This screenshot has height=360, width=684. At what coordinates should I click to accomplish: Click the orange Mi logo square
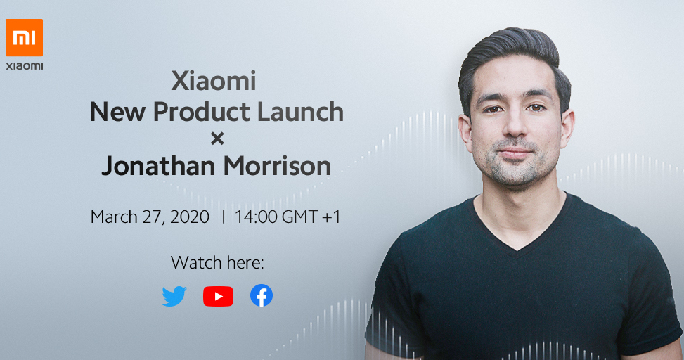pyautogui.click(x=24, y=37)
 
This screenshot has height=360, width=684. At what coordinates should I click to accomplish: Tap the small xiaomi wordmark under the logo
pyautogui.click(x=25, y=66)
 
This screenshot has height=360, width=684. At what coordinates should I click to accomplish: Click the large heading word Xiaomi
pyautogui.click(x=214, y=81)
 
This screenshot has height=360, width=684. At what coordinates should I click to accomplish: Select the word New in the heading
pyautogui.click(x=117, y=112)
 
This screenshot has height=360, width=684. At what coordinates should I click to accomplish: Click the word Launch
pyautogui.click(x=301, y=112)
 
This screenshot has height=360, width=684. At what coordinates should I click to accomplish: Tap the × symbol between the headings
pyautogui.click(x=217, y=139)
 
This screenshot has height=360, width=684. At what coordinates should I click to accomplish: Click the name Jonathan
pyautogui.click(x=159, y=166)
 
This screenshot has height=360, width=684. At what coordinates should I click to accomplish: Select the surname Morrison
pyautogui.click(x=278, y=166)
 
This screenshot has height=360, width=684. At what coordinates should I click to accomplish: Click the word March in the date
pyautogui.click(x=114, y=217)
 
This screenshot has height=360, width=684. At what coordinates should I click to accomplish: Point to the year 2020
pyautogui.click(x=189, y=217)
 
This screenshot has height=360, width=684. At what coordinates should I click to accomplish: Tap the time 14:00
pyautogui.click(x=256, y=217)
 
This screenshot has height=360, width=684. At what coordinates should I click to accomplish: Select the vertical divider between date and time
pyautogui.click(x=223, y=217)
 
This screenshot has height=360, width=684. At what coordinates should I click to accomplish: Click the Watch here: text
pyautogui.click(x=217, y=263)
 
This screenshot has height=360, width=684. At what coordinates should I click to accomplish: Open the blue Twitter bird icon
pyautogui.click(x=174, y=296)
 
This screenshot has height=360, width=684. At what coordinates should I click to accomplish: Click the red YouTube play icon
pyautogui.click(x=218, y=296)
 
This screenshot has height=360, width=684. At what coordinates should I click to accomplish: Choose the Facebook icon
pyautogui.click(x=262, y=295)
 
